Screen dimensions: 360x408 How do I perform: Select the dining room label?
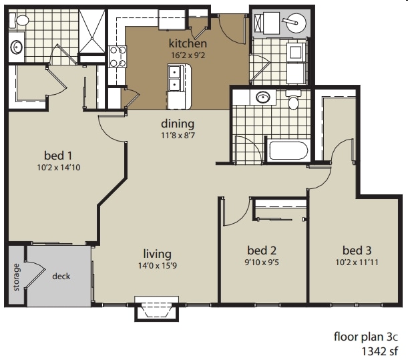(178, 124)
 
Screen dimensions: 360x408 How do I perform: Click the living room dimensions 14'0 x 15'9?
(158, 266)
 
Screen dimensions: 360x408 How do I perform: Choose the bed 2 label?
(256, 250)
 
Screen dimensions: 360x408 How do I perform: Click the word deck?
(61, 276)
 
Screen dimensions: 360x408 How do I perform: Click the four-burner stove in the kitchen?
(118, 56)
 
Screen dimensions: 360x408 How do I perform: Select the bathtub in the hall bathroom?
(288, 150)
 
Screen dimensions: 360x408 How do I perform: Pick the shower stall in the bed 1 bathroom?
(92, 33)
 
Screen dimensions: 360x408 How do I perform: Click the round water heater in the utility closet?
(294, 25)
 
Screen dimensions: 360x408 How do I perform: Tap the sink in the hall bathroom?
(264, 98)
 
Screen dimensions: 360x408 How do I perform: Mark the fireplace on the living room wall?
(158, 309)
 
